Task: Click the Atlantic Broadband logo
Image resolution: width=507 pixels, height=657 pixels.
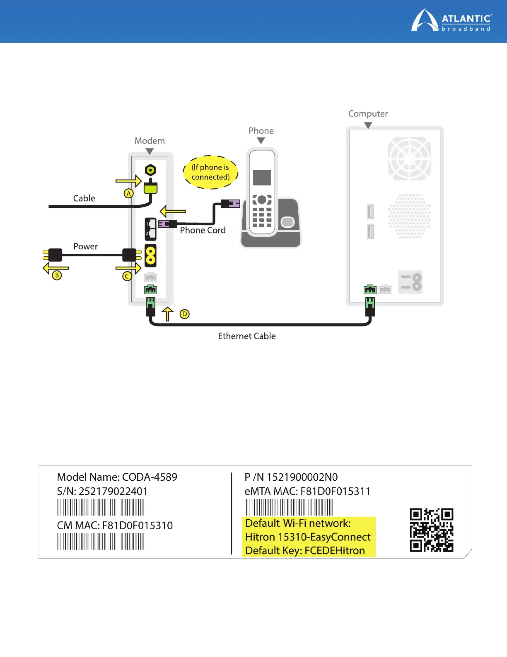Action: [451, 21]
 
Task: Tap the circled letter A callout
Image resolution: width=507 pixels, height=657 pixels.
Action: [129, 193]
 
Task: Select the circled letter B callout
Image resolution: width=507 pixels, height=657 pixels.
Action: [57, 275]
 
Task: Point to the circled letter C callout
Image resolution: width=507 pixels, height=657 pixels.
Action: [127, 276]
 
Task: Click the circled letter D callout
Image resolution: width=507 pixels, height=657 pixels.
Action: [185, 314]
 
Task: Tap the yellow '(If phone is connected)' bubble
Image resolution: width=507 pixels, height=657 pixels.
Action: [210, 172]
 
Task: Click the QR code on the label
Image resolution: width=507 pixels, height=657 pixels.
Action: [431, 530]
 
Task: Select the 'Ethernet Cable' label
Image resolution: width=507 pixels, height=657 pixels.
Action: [247, 336]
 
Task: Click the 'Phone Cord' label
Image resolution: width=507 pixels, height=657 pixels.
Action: [203, 230]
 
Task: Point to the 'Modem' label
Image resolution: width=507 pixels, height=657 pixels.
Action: [150, 141]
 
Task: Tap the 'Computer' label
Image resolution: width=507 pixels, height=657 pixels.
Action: [368, 114]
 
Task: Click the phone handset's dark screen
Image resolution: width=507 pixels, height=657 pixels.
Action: [262, 178]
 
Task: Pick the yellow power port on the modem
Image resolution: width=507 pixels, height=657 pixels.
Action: [150, 255]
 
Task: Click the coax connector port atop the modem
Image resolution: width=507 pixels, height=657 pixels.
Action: [150, 170]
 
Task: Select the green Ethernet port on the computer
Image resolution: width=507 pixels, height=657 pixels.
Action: [370, 290]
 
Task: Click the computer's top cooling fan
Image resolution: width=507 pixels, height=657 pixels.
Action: [409, 158]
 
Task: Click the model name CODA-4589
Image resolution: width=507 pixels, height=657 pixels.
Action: [150, 477]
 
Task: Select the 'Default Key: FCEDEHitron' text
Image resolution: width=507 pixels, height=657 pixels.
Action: [305, 550]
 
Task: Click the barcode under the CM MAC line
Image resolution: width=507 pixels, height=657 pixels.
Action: [101, 542]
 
